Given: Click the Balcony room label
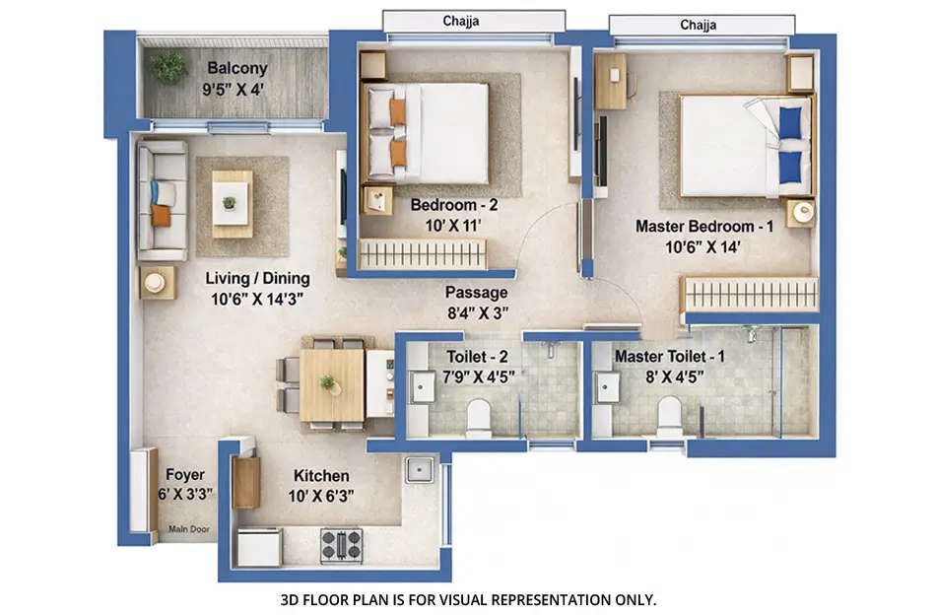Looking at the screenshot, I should coord(236,68).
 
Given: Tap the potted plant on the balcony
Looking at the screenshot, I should coord(168,67).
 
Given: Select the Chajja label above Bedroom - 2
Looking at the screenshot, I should coord(473,20).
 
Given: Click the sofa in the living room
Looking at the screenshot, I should coord(161,200).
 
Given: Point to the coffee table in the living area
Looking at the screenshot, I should coord(232,203).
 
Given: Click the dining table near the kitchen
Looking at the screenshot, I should coord(332,383).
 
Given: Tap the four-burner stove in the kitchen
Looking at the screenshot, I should coord(341,544).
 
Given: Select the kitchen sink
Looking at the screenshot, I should coord(420,468).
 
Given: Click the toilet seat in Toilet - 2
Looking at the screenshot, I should coord(479,416).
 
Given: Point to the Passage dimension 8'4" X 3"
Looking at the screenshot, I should coord(476,314).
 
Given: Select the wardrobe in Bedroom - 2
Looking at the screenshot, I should coord(423,254).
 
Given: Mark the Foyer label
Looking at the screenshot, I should coord(185,474).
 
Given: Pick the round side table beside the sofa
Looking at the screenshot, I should coord(156,283).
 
